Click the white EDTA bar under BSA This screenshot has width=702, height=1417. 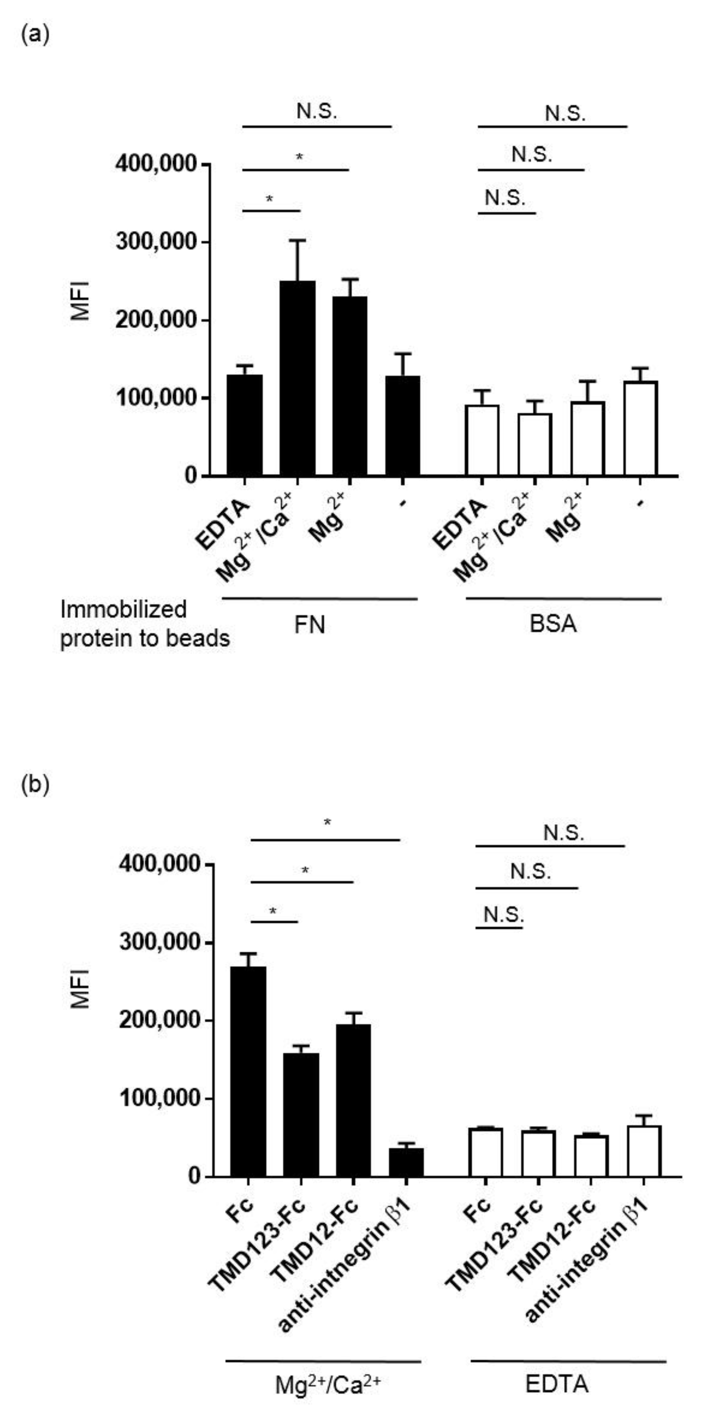point(482,440)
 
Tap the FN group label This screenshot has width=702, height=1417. point(310,625)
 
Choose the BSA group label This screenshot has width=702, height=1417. point(553,625)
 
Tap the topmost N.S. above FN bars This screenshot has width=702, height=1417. point(317,112)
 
